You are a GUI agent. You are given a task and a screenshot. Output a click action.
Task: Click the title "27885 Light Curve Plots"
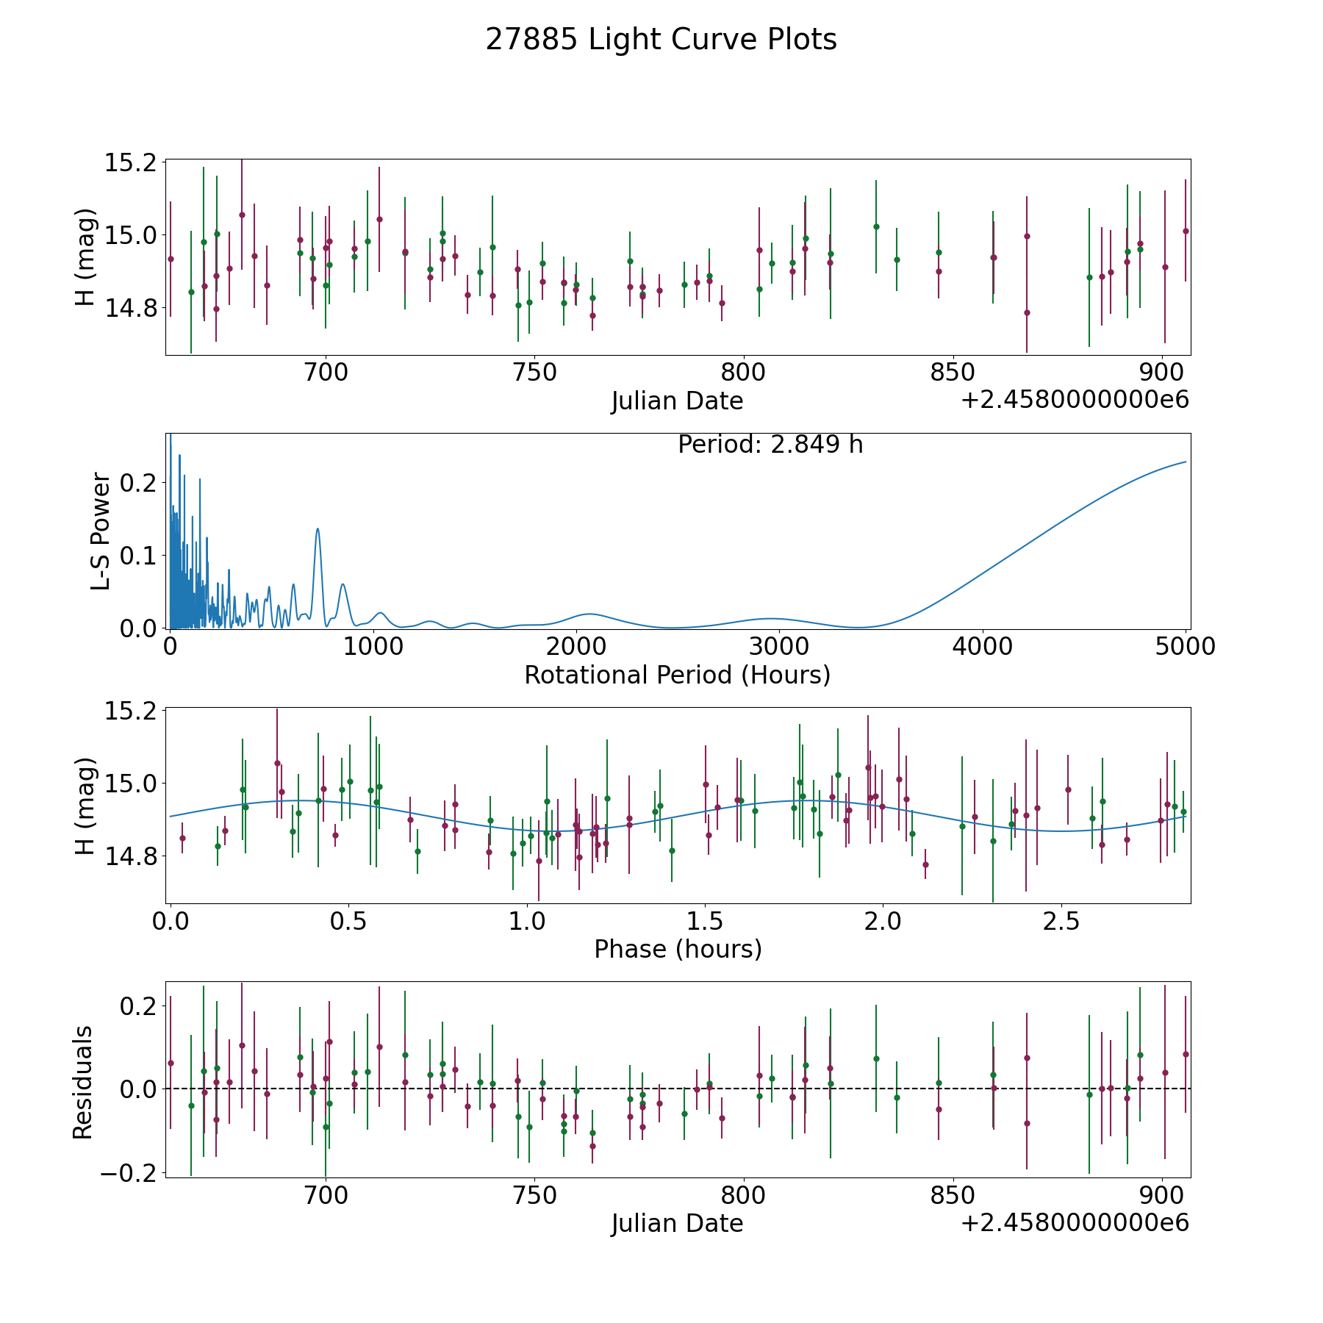(x=661, y=40)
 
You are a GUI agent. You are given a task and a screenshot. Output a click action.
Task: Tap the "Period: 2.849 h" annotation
(x=770, y=445)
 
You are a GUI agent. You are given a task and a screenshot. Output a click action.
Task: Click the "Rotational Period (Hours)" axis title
(x=677, y=675)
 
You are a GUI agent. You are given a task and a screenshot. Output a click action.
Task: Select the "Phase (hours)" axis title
(x=678, y=949)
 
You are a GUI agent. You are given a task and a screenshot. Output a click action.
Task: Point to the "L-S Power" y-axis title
(x=101, y=531)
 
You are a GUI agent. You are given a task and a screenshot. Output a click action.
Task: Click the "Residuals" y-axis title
(x=83, y=1082)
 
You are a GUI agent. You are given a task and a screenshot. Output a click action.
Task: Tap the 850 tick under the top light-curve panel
(x=953, y=373)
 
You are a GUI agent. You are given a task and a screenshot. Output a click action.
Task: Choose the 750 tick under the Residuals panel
(x=534, y=1195)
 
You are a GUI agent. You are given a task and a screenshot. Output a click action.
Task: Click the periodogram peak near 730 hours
(x=318, y=529)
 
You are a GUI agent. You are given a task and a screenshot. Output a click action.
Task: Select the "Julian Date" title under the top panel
(x=677, y=401)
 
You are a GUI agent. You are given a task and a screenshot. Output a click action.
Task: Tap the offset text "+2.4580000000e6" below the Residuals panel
(x=1075, y=1223)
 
